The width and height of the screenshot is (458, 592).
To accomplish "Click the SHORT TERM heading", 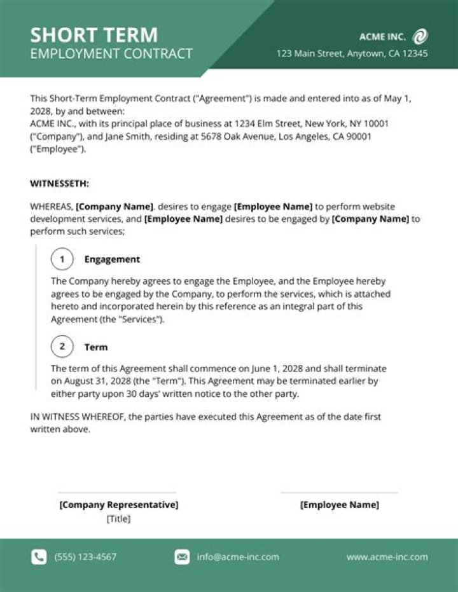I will [94, 34].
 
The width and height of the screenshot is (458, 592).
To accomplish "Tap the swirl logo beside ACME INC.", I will [420, 36].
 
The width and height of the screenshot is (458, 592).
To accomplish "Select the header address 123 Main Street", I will [352, 54].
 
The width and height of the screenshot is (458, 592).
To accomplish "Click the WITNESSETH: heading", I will [60, 184].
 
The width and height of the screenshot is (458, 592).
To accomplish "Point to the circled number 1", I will [62, 259].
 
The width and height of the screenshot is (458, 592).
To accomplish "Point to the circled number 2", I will [62, 347].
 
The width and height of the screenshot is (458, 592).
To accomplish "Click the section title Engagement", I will [112, 259].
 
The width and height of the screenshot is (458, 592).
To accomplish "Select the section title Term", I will [96, 347].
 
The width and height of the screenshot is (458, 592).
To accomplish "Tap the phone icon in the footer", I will [39, 557].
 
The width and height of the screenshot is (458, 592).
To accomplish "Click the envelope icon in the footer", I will [182, 557].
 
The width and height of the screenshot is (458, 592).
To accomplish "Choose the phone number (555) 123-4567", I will [85, 557].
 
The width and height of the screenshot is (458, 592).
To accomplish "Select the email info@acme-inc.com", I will [238, 557].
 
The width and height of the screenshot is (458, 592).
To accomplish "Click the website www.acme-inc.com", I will [387, 557].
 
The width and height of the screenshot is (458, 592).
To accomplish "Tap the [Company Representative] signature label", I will [119, 505].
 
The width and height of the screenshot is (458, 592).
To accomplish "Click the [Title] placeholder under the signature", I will [118, 519].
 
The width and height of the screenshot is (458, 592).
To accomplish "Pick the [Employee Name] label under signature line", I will [339, 505].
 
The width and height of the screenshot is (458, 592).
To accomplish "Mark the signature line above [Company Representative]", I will [117, 493].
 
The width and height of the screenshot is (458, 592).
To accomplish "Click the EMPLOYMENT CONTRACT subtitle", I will [111, 54].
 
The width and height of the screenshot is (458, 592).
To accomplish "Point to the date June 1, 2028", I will [248, 369].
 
